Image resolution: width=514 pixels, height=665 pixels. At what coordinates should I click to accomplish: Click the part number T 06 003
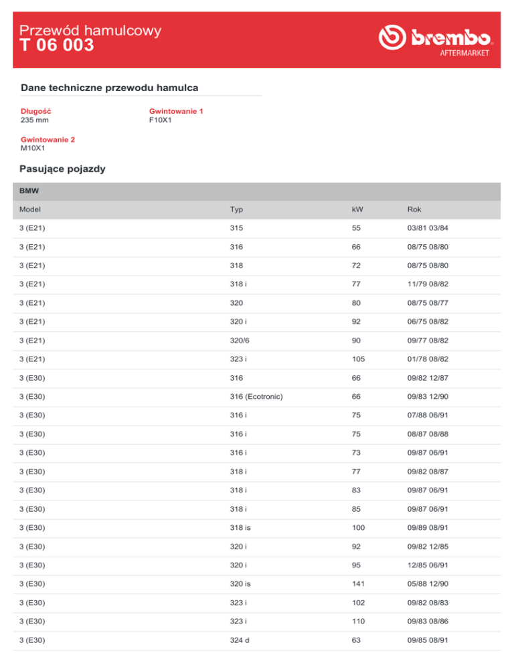[57, 45]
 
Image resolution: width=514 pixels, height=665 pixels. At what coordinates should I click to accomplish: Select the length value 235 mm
[35, 120]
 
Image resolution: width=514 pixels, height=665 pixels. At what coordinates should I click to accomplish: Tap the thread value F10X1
[162, 120]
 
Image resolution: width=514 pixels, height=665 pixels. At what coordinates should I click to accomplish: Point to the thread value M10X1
[33, 148]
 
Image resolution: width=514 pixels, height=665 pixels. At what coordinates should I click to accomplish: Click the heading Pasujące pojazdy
[62, 169]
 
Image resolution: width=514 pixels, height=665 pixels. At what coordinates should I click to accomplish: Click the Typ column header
[236, 209]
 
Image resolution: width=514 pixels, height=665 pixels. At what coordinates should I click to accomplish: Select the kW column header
[357, 209]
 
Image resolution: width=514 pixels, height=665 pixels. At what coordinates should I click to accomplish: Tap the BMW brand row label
[29, 191]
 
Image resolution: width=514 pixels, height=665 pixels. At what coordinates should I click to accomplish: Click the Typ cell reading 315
[236, 228]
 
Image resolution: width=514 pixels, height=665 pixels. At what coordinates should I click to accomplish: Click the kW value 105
[358, 359]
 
